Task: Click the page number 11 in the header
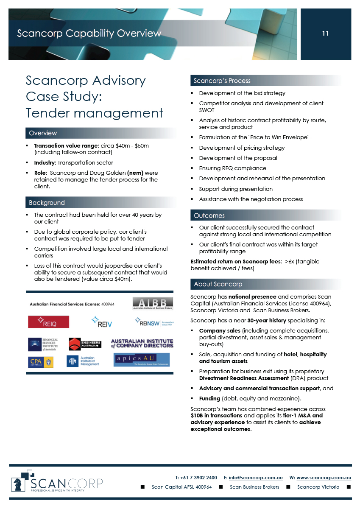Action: (x=325, y=34)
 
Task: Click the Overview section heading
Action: (x=43, y=133)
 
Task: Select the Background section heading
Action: (x=47, y=203)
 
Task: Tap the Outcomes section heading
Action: (x=209, y=215)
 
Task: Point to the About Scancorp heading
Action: (x=218, y=284)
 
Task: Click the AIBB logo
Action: (x=153, y=304)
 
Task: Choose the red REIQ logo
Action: (x=48, y=322)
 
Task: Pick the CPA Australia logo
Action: (x=41, y=362)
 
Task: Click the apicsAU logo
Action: (x=142, y=360)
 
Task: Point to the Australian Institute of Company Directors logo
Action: (x=142, y=343)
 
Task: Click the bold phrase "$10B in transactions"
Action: (x=217, y=416)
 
